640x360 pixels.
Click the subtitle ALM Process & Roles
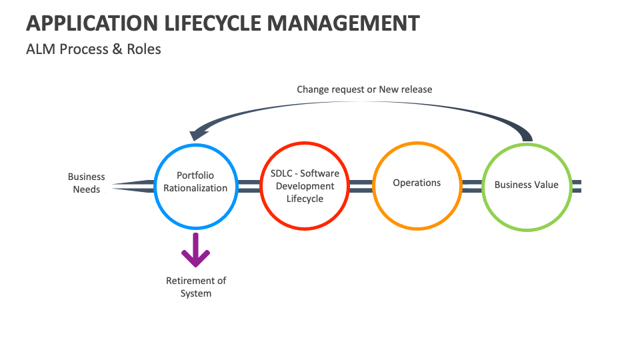coord(93,49)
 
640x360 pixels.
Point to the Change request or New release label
coord(364,89)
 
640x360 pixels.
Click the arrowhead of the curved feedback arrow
coord(194,134)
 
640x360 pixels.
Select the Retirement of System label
coord(196,287)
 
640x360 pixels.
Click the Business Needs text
coord(87,183)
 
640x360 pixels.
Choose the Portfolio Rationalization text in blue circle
coord(195,182)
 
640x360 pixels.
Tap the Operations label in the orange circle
coord(417,183)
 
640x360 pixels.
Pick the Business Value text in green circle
coord(526,185)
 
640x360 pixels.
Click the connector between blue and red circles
coord(249,186)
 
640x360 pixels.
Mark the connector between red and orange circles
coord(361,186)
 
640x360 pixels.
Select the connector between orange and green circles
coord(472,186)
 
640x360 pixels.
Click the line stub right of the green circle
coord(577,186)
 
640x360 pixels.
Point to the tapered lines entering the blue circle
coord(133,185)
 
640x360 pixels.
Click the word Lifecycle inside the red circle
coord(305,199)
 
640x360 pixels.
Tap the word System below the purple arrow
coord(196,293)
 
